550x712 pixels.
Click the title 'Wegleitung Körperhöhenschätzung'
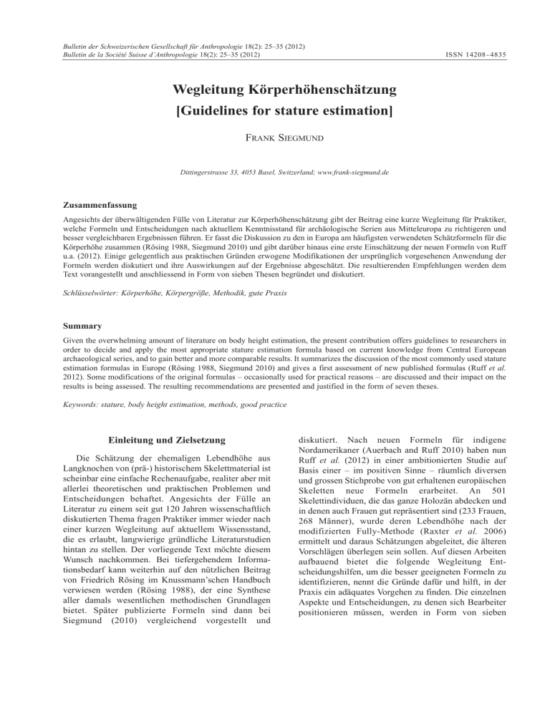point(275,91)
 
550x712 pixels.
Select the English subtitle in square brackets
point(275,114)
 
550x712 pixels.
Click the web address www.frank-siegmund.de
point(350,173)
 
